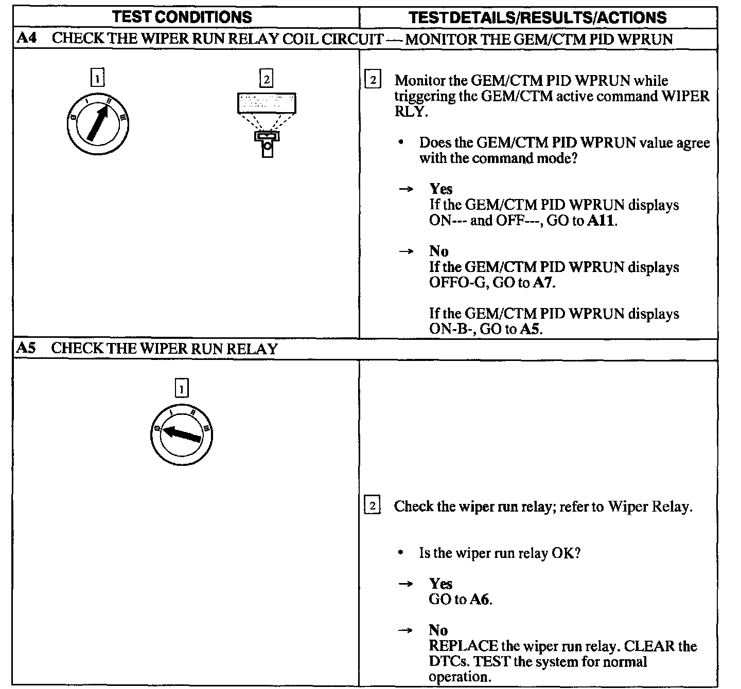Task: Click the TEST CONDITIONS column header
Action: [182, 17]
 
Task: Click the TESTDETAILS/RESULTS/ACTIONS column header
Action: [537, 17]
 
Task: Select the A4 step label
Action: [26, 39]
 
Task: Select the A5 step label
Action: [26, 349]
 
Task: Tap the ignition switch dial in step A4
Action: [98, 124]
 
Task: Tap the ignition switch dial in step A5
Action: [182, 435]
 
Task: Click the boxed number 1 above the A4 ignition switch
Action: [97, 78]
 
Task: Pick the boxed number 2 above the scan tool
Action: [266, 79]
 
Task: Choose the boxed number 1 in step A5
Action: [182, 389]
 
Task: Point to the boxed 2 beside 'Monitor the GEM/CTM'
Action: [373, 81]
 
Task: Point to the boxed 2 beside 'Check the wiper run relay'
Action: [372, 506]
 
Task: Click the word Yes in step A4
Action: [441, 189]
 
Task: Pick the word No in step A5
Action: [438, 630]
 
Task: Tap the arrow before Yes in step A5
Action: [405, 584]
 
